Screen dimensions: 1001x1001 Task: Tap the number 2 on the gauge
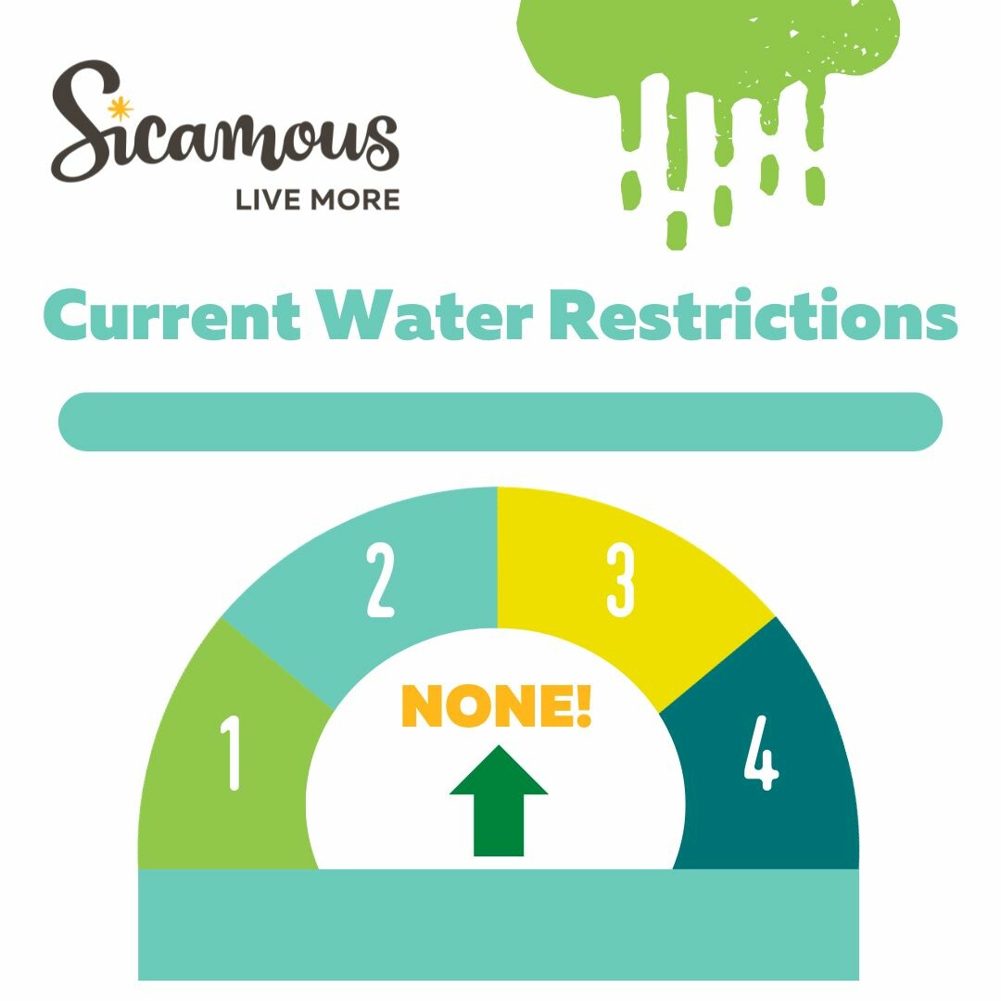pos(381,579)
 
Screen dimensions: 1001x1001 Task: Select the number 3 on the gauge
pos(620,579)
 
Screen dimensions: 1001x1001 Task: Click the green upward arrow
pos(499,801)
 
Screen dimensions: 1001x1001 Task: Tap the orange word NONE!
pos(496,705)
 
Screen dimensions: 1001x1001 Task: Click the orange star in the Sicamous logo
pos(120,109)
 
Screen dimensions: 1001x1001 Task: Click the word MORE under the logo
pos(355,200)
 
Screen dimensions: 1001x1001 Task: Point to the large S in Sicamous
pos(86,121)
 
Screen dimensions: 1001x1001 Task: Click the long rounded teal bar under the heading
pos(500,422)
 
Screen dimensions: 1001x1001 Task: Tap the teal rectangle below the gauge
pos(499,924)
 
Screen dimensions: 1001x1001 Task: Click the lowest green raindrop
pos(677,231)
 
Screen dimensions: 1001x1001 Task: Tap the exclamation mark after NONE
pos(584,705)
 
